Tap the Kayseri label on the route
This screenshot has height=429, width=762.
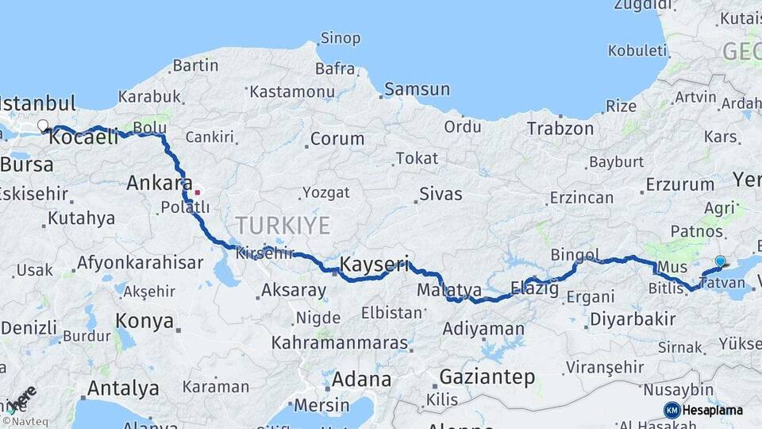click(x=374, y=264)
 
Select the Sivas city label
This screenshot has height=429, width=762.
click(x=441, y=193)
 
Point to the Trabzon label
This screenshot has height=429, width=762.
click(x=560, y=128)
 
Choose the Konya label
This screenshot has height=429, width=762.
click(x=144, y=321)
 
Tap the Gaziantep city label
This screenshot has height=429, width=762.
click(x=487, y=377)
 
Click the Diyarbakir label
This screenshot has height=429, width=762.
click(x=633, y=320)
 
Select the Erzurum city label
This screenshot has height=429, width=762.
click(x=679, y=184)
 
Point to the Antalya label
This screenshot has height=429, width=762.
click(x=123, y=388)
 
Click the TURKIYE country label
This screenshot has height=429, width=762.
click(x=283, y=226)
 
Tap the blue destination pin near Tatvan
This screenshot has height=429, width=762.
click(x=720, y=261)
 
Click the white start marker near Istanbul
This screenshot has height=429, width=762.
click(x=43, y=126)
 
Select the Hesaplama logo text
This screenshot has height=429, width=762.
click(x=714, y=410)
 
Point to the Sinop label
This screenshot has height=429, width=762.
click(x=340, y=38)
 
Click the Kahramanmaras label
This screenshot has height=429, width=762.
click(x=340, y=343)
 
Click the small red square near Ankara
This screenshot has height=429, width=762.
click(x=198, y=192)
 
